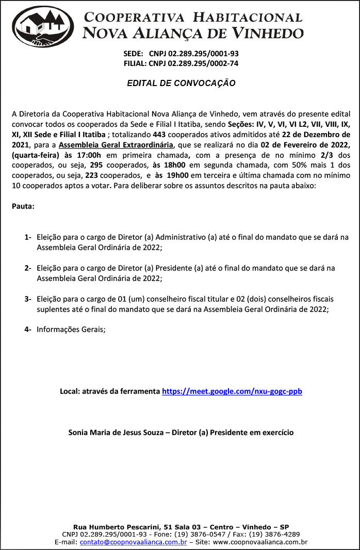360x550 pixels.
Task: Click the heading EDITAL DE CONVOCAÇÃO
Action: (x=181, y=83)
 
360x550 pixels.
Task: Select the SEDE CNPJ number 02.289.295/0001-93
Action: (x=194, y=54)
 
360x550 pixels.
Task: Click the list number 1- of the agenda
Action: (x=28, y=238)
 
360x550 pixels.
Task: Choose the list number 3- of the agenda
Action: (x=28, y=299)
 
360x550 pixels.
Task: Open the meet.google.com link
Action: (x=232, y=391)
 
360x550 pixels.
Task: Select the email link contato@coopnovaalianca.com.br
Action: (x=133, y=542)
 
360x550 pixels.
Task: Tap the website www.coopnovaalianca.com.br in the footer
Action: (x=260, y=542)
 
